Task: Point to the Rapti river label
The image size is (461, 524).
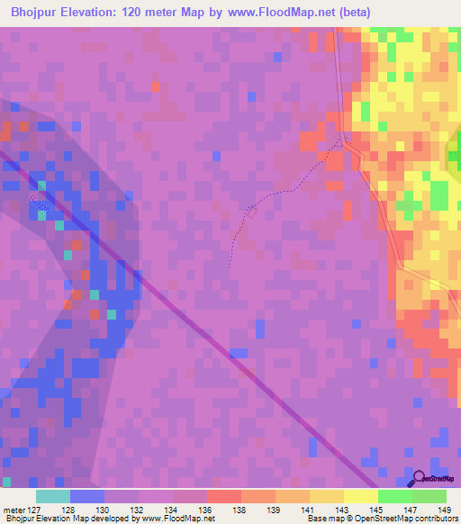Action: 37,203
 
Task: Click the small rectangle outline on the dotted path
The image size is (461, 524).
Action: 252,213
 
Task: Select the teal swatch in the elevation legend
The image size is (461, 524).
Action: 53,496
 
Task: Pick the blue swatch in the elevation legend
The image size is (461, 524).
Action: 87,496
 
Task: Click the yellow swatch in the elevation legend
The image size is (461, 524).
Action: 361,496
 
